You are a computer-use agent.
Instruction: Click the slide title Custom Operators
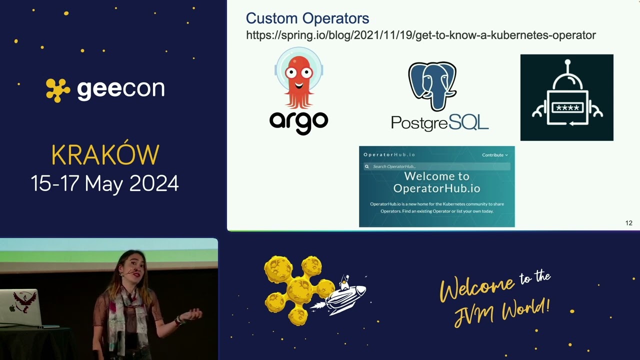tap(307, 19)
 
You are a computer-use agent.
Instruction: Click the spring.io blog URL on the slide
tap(420, 35)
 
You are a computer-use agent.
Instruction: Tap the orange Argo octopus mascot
tap(299, 77)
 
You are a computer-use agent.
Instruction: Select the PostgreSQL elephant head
tap(432, 85)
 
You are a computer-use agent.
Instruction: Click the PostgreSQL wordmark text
tap(439, 122)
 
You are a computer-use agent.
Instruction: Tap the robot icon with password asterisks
tap(566, 97)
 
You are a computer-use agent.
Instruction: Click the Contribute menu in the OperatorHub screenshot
tap(494, 155)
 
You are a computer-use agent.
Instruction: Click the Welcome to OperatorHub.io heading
tap(436, 182)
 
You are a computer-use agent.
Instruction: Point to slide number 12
tap(628, 223)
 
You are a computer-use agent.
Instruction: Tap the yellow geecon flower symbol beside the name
tap(58, 90)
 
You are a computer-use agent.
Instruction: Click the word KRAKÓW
tap(105, 155)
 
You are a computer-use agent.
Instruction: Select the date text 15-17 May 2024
tap(104, 183)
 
